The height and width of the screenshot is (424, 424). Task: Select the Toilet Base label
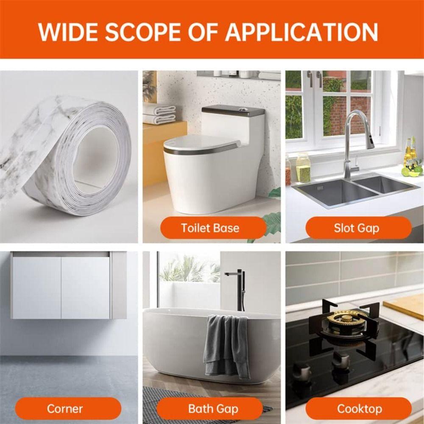(210, 228)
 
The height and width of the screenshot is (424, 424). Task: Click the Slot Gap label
(356, 228)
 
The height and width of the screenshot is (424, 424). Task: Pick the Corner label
(65, 409)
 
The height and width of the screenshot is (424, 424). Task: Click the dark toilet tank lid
(233, 111)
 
